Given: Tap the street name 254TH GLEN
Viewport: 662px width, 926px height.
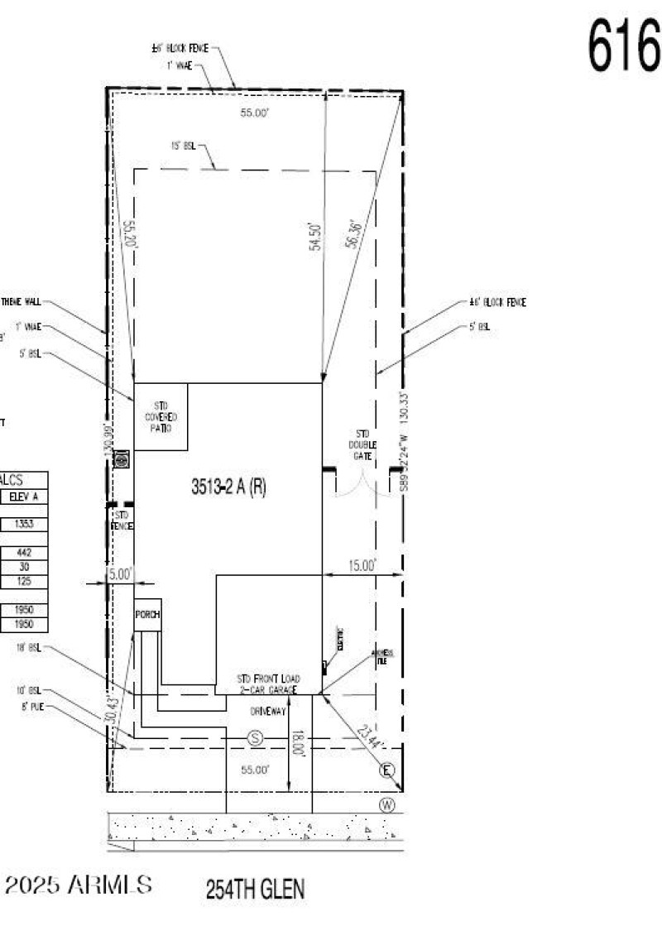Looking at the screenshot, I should click(255, 890).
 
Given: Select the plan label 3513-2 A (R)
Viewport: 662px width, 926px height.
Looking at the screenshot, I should click(228, 487).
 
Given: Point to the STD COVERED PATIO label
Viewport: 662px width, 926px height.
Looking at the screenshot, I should click(161, 417).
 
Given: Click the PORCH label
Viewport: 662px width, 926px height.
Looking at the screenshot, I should click(148, 614).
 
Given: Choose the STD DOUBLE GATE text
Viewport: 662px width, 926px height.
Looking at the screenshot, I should click(363, 444).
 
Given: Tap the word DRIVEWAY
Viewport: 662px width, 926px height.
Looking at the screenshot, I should click(267, 711).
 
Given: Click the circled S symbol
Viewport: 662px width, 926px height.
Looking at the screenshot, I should click(255, 737).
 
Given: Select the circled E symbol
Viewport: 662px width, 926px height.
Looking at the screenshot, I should click(386, 771).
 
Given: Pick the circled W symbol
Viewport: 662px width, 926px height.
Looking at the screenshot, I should click(386, 804).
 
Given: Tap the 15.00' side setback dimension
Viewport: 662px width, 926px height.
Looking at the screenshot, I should click(360, 566).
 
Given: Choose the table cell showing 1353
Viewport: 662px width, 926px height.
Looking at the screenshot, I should click(23, 525).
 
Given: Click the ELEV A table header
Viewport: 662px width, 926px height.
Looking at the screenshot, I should click(23, 497).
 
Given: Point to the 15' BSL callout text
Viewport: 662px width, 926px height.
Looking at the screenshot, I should click(183, 146).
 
